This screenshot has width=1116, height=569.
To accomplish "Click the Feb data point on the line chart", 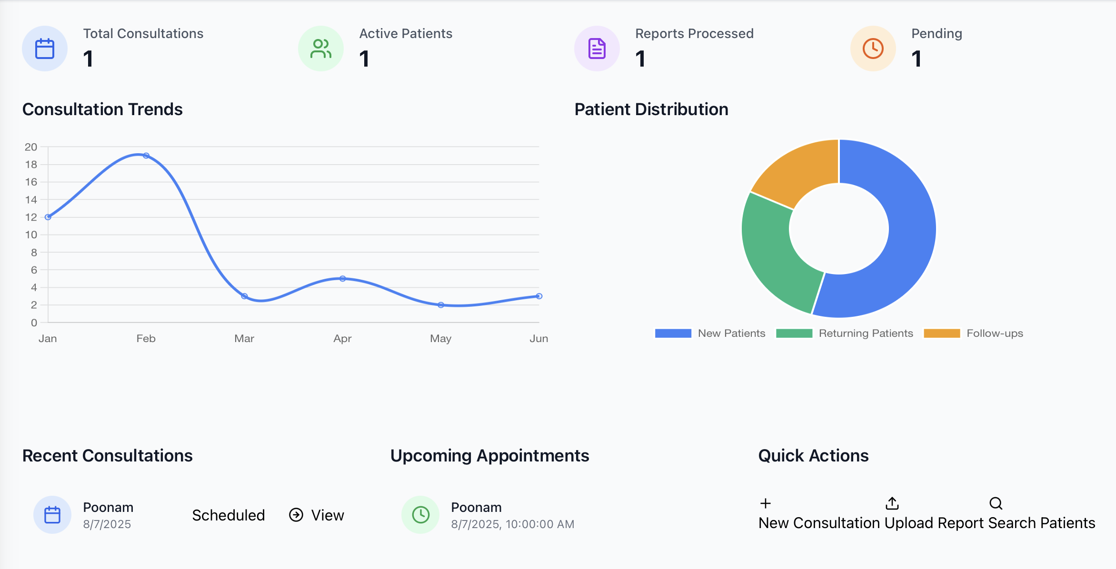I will pyautogui.click(x=146, y=156).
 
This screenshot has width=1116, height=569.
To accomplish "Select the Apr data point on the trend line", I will pyautogui.click(x=342, y=278).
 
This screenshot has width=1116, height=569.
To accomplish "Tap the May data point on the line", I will pyautogui.click(x=441, y=305).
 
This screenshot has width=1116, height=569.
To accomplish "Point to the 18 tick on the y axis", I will pyautogui.click(x=31, y=165).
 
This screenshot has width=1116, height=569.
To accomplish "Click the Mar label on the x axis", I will pyautogui.click(x=244, y=338).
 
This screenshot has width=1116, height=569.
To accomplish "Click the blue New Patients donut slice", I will pyautogui.click(x=900, y=238).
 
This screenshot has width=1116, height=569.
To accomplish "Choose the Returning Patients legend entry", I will pyautogui.click(x=845, y=334).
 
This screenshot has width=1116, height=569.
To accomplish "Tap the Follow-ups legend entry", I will pyautogui.click(x=973, y=334).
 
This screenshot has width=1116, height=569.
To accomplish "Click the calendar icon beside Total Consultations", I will pyautogui.click(x=45, y=49).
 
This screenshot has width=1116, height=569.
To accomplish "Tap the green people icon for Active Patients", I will pyautogui.click(x=321, y=49).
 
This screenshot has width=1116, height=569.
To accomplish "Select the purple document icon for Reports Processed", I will pyautogui.click(x=597, y=49).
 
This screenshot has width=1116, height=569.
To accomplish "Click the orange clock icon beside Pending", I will pyautogui.click(x=873, y=49).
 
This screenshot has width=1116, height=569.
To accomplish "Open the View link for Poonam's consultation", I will pyautogui.click(x=317, y=515).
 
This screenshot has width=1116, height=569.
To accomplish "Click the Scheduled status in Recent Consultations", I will pyautogui.click(x=229, y=515).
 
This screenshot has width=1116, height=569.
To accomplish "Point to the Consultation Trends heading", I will pyautogui.click(x=102, y=109).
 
